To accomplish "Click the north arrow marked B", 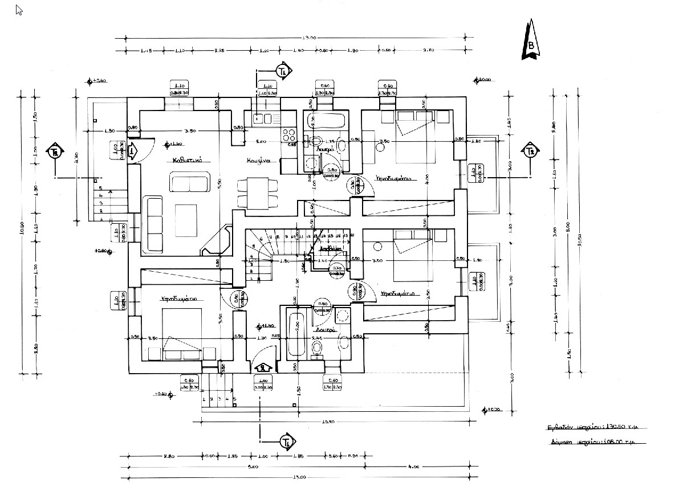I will pyautogui.click(x=531, y=41).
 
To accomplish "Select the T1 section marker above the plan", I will pyautogui.click(x=282, y=71).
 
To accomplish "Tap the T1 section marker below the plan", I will pyautogui.click(x=287, y=441).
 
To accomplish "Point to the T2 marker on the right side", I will pyautogui.click(x=530, y=151).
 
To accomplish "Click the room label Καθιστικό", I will pyautogui.click(x=188, y=161).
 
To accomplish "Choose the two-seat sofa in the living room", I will pyautogui.click(x=190, y=183).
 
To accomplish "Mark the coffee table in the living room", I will pyautogui.click(x=186, y=220).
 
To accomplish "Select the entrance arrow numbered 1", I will pyautogui.click(x=133, y=153).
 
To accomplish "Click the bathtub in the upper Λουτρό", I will pyautogui.click(x=323, y=121).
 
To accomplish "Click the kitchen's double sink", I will pyautogui.click(x=263, y=118).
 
